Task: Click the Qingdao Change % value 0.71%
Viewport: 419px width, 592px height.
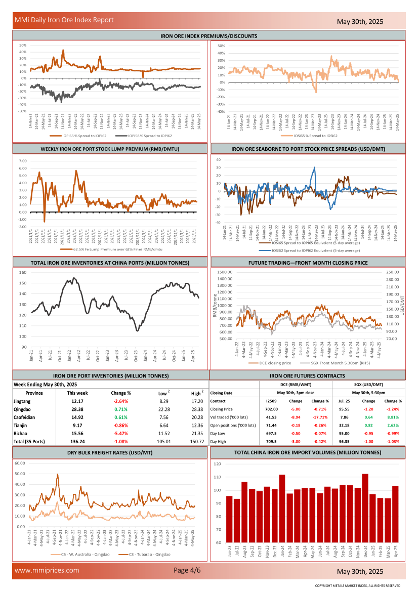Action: click(121, 409)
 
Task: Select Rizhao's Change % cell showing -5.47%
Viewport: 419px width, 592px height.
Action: click(121, 433)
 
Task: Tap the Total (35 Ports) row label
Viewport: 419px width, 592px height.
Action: click(29, 441)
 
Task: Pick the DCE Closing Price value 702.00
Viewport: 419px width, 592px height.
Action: click(272, 409)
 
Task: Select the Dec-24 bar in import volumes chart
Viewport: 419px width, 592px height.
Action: click(365, 508)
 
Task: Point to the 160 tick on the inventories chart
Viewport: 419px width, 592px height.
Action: click(23, 273)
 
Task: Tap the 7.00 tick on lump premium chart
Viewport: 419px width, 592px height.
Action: click(23, 161)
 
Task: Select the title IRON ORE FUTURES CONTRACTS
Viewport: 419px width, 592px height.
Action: click(308, 376)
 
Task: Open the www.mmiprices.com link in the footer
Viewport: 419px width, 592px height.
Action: click(47, 570)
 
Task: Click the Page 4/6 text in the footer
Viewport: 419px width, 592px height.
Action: click(187, 570)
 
